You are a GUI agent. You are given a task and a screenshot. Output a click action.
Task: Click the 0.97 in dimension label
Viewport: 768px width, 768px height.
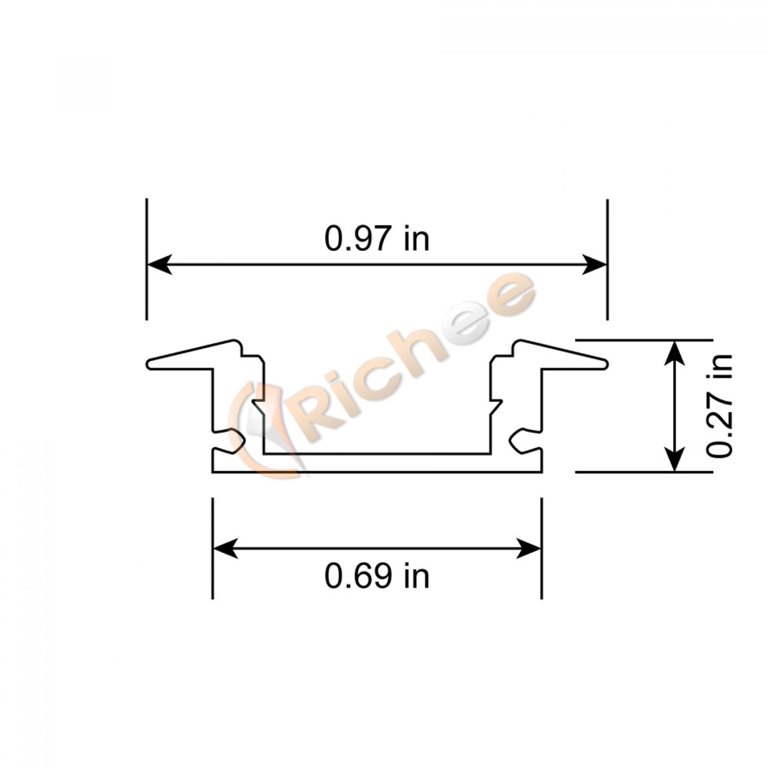(x=376, y=239)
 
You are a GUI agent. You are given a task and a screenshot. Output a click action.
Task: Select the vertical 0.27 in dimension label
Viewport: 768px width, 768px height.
(x=721, y=406)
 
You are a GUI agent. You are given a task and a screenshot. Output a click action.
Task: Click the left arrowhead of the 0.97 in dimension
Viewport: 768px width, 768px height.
(x=159, y=264)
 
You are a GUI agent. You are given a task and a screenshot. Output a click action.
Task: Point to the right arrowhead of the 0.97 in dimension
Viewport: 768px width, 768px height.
(x=594, y=264)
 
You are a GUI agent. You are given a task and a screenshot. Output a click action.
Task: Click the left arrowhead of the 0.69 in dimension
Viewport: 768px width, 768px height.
(x=225, y=548)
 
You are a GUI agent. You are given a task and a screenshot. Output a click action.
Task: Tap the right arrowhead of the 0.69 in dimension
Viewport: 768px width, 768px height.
(x=529, y=548)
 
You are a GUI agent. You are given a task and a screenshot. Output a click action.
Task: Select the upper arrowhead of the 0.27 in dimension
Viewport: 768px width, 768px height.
(x=674, y=353)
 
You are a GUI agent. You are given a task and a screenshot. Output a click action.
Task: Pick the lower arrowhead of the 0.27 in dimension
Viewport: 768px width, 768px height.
(x=674, y=458)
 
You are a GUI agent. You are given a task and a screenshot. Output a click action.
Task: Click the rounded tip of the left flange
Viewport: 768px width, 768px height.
(x=149, y=364)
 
